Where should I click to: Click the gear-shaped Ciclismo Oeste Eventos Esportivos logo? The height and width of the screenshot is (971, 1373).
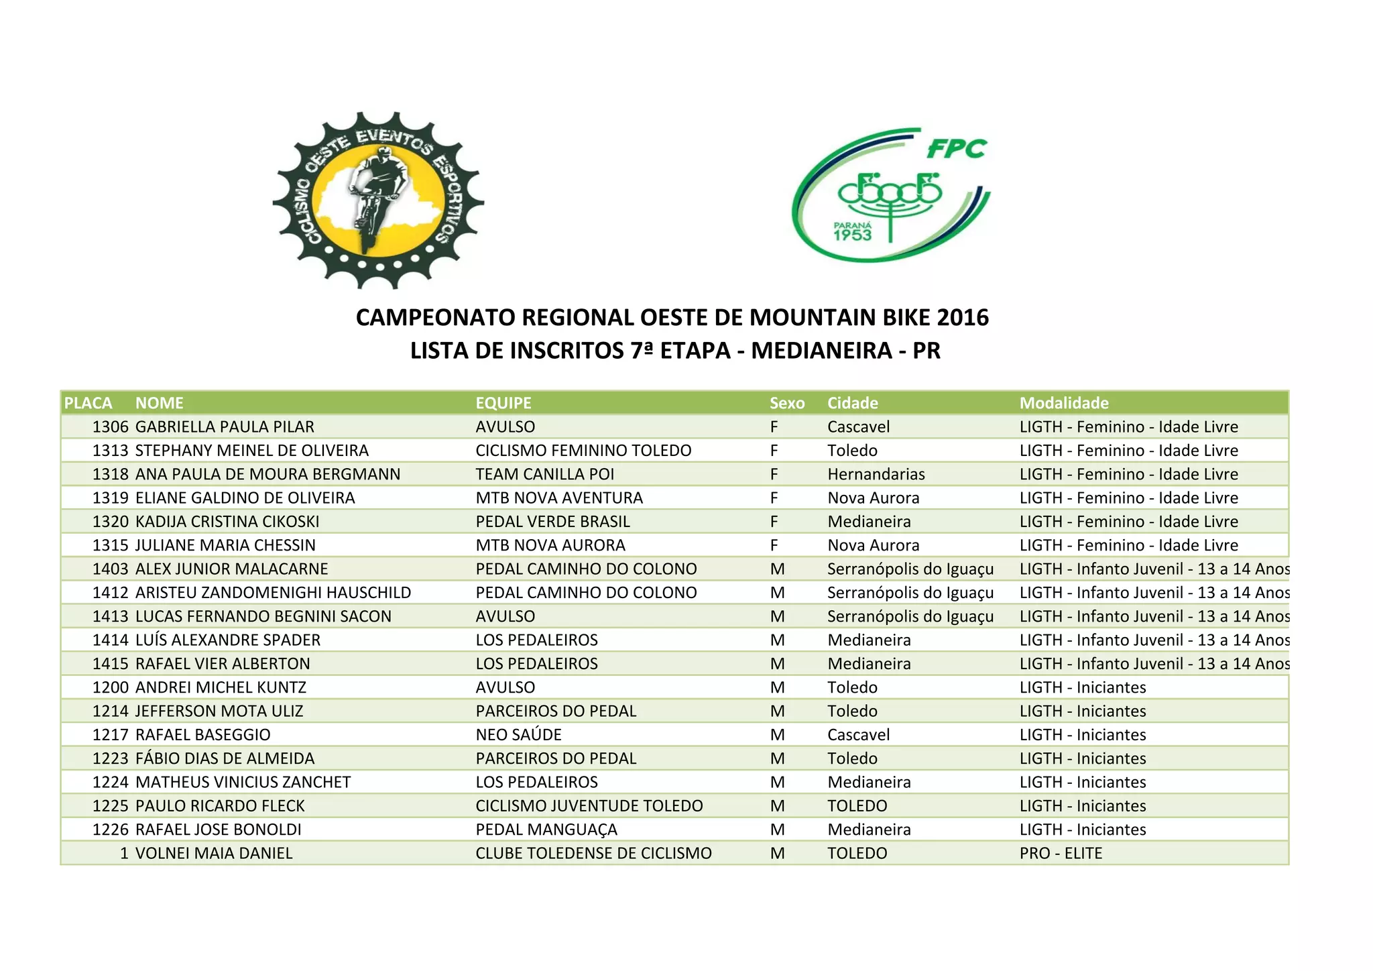[x=378, y=200]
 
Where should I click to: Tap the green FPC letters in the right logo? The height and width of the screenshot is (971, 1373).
[x=957, y=149]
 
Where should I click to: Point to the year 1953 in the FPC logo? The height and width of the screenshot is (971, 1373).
[x=852, y=235]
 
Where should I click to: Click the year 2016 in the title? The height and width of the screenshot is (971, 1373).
[x=963, y=317]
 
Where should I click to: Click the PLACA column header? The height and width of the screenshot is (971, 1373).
[x=88, y=403]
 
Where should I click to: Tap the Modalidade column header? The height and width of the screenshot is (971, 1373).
[x=1064, y=403]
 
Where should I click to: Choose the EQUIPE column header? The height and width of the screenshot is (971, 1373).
[x=503, y=403]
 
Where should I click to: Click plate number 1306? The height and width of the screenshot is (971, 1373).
[x=110, y=427]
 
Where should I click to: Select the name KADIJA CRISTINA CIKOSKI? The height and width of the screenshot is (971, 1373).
[x=227, y=522]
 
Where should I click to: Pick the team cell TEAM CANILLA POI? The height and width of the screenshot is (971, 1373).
[x=544, y=474]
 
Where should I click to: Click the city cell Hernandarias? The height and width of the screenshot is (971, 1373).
[x=876, y=474]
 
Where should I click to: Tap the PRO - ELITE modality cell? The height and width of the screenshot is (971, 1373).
[x=1061, y=853]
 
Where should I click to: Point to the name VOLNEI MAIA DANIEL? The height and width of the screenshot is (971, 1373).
[x=214, y=853]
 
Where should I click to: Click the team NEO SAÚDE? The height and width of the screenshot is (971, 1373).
[x=518, y=735]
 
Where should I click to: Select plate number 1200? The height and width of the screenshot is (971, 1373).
[x=110, y=687]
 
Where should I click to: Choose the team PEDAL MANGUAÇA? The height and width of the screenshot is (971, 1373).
[x=546, y=830]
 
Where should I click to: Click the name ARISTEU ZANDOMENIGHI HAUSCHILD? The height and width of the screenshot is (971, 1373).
[x=273, y=593]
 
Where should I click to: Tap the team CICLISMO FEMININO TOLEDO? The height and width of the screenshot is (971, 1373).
[x=583, y=451]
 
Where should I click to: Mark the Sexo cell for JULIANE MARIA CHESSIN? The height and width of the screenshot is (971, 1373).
[x=774, y=545]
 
